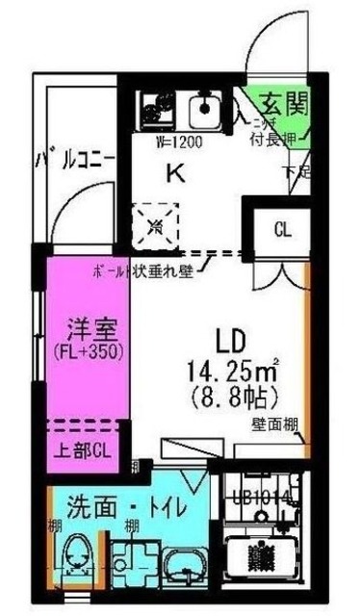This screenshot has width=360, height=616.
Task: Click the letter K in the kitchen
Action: tap(176, 173)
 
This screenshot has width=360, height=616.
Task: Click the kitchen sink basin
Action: tap(204, 113)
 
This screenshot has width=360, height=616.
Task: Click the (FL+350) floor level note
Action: tap(91, 352)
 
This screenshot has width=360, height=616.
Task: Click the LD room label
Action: tap(232, 340)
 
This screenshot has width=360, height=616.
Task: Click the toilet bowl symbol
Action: tap(75, 559)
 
